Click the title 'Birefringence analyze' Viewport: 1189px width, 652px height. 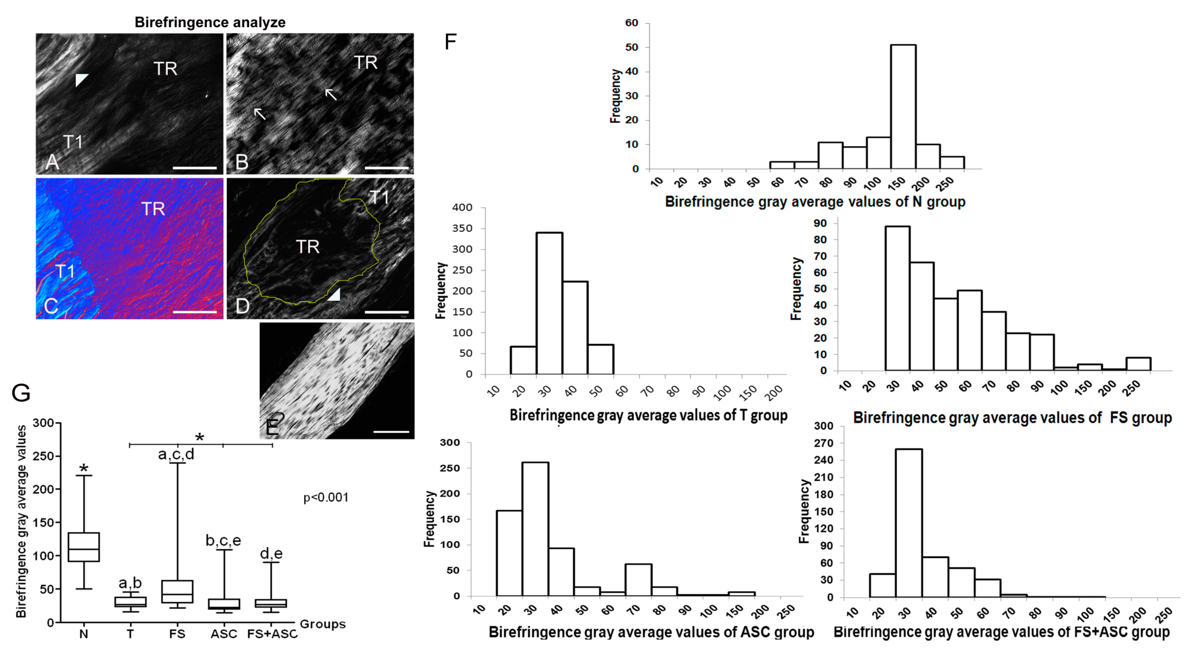[x=210, y=22]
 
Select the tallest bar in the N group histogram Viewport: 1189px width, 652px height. [x=903, y=106]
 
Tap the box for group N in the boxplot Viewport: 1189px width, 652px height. [x=84, y=547]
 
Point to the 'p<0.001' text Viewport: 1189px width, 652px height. [x=326, y=497]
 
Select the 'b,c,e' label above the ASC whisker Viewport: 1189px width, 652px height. [x=223, y=540]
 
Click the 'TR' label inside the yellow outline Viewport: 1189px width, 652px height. [x=307, y=247]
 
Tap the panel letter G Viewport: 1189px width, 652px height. [x=21, y=393]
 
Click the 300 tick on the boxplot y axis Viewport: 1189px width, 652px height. [x=43, y=423]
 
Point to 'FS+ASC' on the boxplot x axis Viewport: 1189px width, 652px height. [x=272, y=634]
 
